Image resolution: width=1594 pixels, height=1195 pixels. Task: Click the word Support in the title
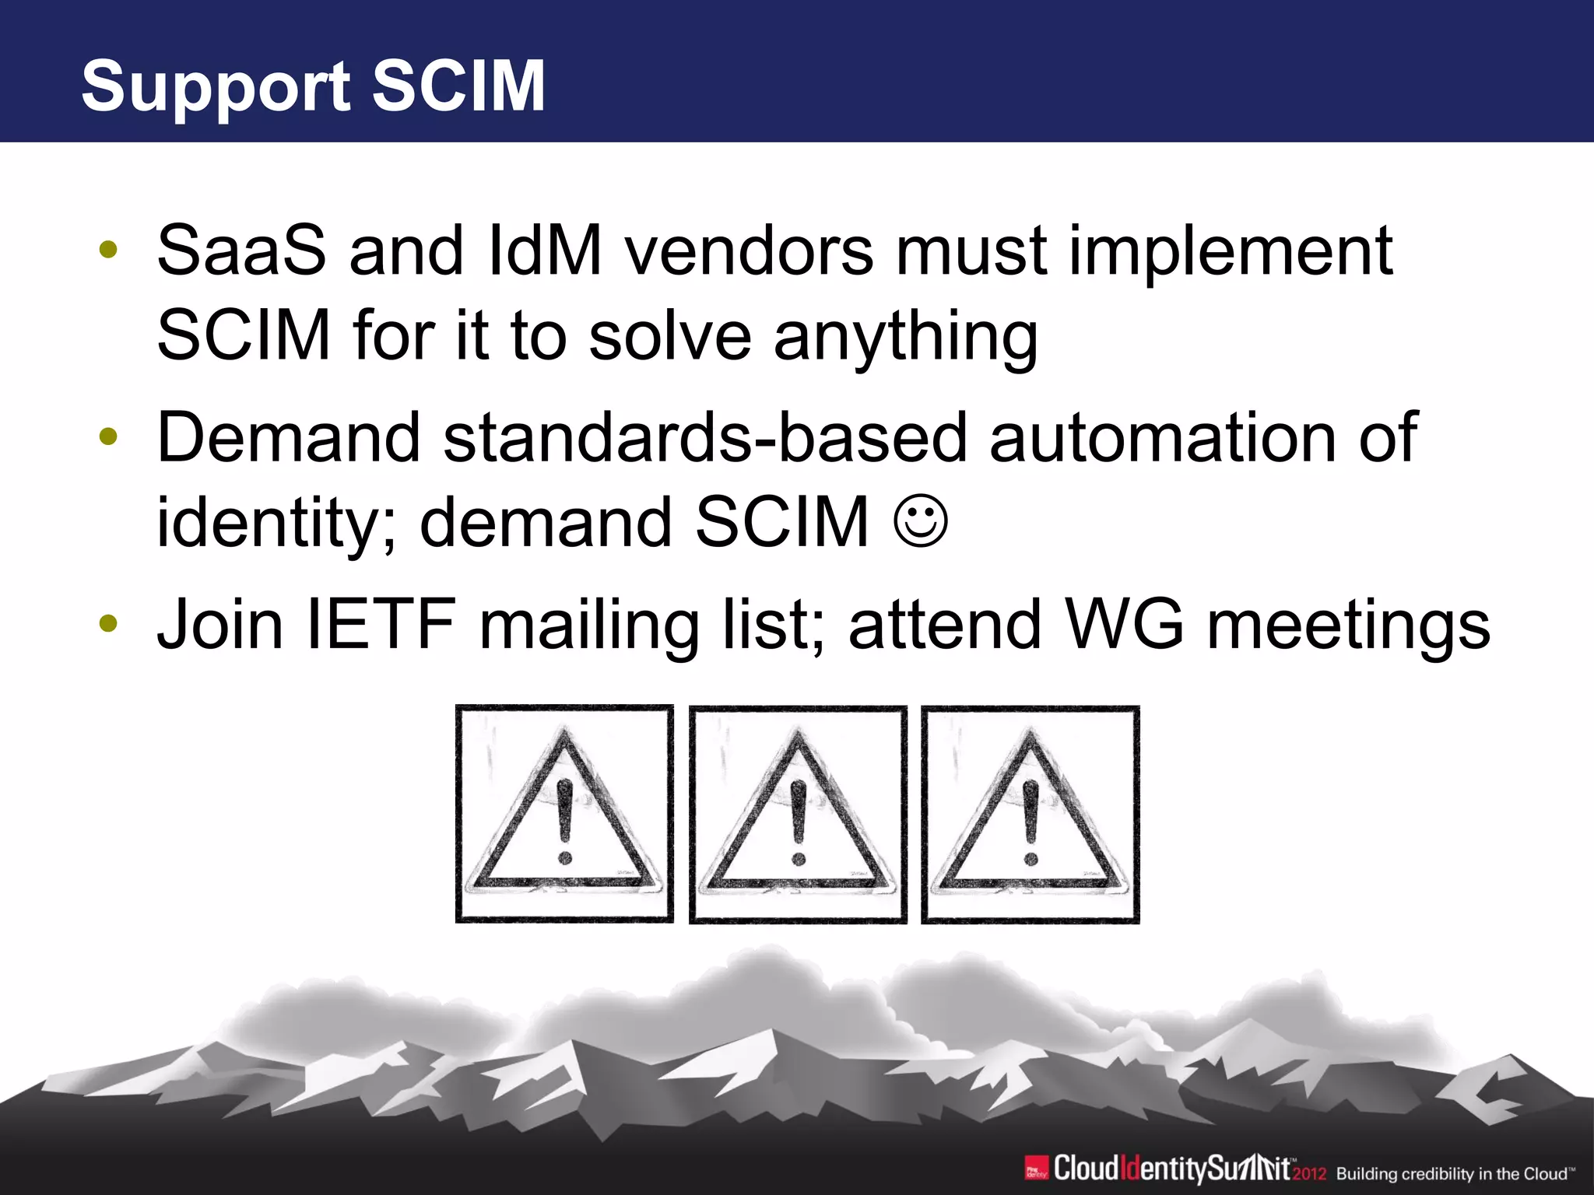[216, 87]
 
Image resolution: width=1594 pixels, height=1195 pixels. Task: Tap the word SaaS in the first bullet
[241, 251]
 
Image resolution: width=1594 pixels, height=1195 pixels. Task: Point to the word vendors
[750, 251]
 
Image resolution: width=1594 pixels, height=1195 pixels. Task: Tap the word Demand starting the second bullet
[289, 438]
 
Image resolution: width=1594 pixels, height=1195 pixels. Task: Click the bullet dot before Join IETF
[108, 624]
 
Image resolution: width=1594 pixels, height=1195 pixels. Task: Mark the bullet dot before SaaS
[108, 251]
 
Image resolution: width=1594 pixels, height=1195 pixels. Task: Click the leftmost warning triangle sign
[564, 815]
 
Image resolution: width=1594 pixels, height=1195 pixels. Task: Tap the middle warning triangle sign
[798, 815]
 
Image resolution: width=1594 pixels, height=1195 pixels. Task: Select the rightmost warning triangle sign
[1030, 815]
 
